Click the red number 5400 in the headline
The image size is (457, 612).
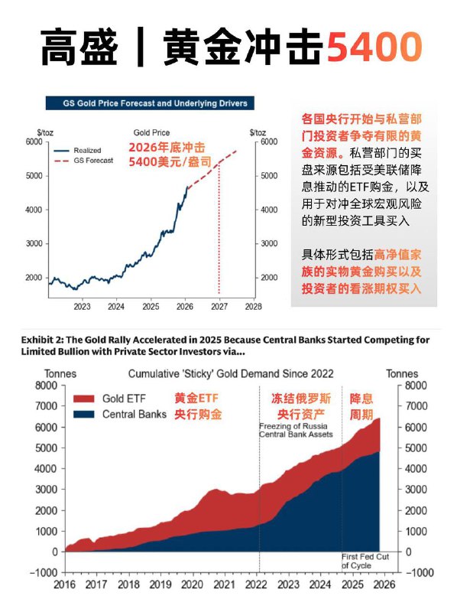pos(374,47)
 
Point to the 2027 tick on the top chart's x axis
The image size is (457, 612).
pos(219,306)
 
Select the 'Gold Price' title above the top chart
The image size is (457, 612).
pos(151,132)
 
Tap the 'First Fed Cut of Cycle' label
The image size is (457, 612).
pos(365,561)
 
